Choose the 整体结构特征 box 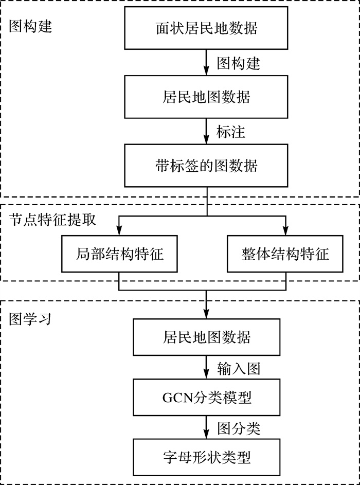click(285, 254)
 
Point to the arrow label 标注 click(231, 132)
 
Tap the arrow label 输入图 click(238, 368)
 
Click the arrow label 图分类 click(238, 427)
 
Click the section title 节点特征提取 click(52, 219)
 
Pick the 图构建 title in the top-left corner click(30, 26)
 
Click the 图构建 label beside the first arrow click(238, 63)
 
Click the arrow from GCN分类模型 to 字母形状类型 click(206, 427)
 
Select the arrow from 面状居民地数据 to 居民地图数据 click(206, 63)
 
